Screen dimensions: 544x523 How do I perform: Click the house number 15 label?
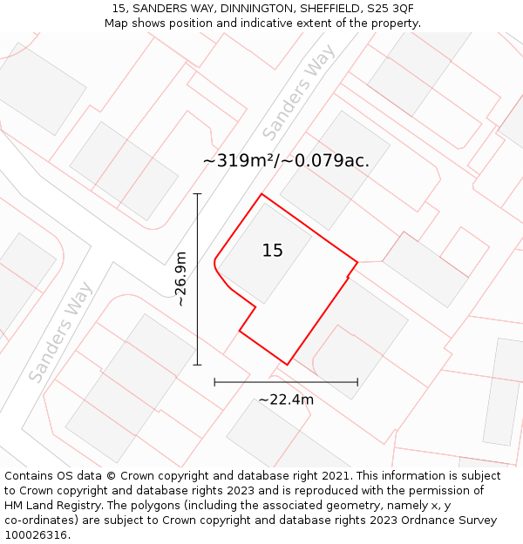point(273,251)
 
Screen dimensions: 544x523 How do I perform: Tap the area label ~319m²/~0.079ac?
point(286,161)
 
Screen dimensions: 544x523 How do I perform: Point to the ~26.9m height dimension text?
point(180,279)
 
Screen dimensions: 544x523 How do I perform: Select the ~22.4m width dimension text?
point(286,400)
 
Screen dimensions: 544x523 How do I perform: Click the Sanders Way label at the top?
point(299,93)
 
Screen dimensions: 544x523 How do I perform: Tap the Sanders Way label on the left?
point(60,332)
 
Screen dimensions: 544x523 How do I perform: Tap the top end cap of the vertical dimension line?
point(197,194)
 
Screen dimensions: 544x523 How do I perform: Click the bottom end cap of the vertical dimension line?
point(197,365)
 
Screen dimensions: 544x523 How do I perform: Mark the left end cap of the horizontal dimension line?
point(214,381)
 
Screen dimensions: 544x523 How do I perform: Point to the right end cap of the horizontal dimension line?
point(357,381)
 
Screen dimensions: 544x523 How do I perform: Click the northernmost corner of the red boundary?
point(261,194)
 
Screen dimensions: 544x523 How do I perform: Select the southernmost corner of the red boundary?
point(287,365)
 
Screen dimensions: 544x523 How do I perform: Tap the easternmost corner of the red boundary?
point(357,261)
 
